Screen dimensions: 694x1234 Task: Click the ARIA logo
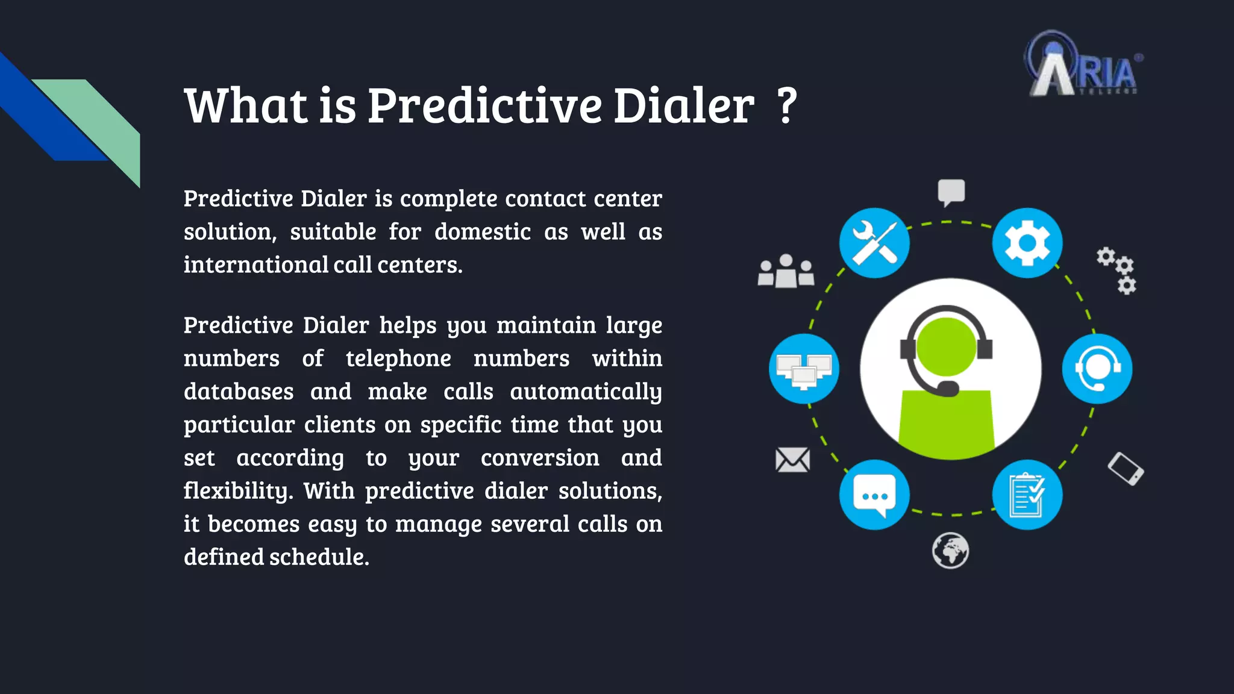click(x=1083, y=65)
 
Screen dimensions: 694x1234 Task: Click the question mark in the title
click(x=786, y=105)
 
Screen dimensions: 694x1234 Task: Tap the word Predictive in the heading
click(x=484, y=105)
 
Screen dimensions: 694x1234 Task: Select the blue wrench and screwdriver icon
click(x=874, y=243)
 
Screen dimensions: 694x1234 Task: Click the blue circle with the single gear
click(x=1027, y=243)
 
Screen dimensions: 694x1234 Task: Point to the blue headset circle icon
click(x=1097, y=369)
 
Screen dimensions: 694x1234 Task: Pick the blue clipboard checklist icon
click(x=1027, y=495)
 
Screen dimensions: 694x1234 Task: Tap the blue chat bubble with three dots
click(x=874, y=495)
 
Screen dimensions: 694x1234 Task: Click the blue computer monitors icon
click(x=804, y=369)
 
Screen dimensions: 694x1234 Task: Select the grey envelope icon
click(x=792, y=460)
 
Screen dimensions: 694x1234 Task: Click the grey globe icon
click(x=950, y=550)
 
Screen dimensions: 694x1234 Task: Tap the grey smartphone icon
click(x=1126, y=469)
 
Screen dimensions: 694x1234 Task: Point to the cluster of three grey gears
click(x=1118, y=270)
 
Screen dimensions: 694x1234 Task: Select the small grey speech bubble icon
click(x=951, y=192)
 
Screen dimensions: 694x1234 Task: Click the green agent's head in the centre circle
click(x=946, y=346)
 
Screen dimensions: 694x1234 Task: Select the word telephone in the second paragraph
click(x=398, y=358)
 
